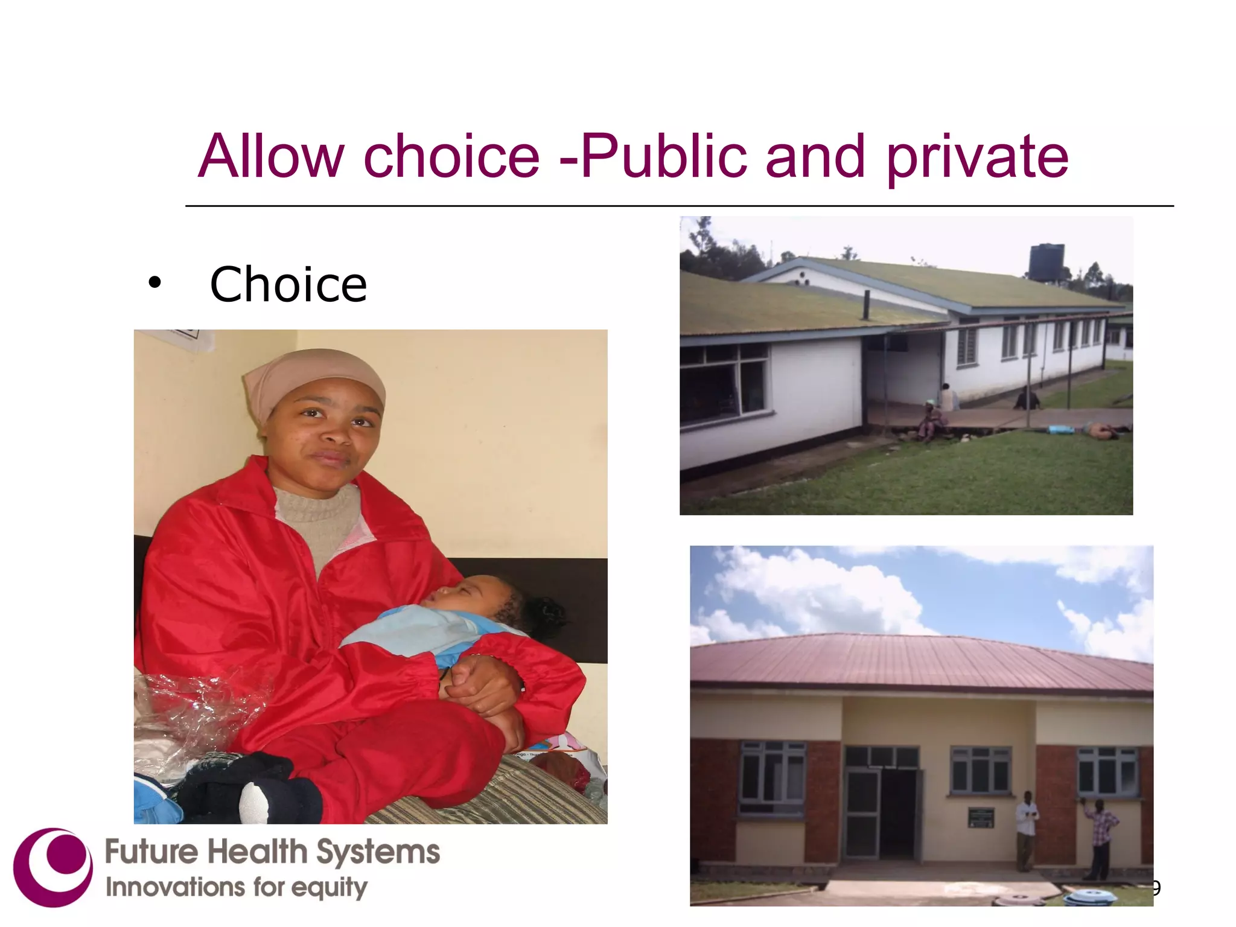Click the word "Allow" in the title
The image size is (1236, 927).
click(271, 157)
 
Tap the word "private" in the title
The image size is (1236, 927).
click(977, 158)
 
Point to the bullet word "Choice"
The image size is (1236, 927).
click(288, 284)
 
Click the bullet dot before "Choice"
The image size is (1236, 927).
click(155, 282)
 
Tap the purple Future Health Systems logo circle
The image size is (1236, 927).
click(53, 867)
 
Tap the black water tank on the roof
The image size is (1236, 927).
click(1046, 262)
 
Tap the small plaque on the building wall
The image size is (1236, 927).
click(981, 818)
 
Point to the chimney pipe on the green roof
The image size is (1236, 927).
click(865, 305)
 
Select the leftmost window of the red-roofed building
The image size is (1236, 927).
click(772, 779)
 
